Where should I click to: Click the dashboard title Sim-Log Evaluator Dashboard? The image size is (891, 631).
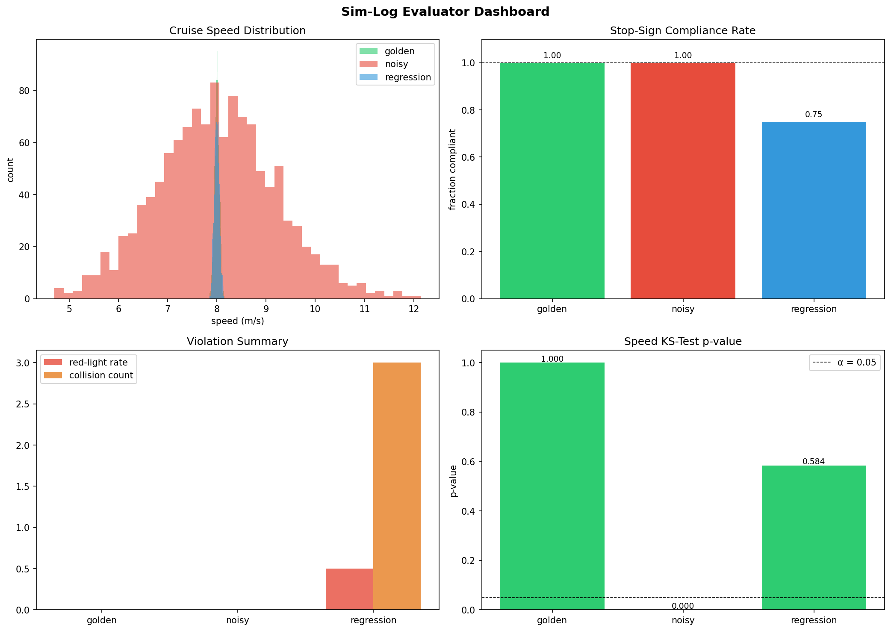tap(445, 12)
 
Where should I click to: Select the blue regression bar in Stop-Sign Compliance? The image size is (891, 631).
tap(813, 209)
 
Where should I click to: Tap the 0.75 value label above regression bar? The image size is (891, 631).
tap(813, 115)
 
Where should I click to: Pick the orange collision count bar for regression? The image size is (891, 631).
tap(396, 486)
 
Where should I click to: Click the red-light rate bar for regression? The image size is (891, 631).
tap(349, 589)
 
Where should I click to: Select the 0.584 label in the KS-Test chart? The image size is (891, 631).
tap(813, 461)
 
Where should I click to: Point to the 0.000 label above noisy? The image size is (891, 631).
tap(682, 606)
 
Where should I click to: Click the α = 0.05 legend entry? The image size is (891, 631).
tap(844, 363)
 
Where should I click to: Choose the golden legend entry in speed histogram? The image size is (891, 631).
tap(399, 51)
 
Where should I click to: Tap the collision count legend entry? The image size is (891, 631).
tap(100, 375)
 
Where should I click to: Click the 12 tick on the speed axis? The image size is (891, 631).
tap(413, 309)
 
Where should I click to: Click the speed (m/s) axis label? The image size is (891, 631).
tap(237, 321)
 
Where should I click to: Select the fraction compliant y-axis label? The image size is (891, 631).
tap(453, 169)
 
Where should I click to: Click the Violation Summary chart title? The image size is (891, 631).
tap(237, 342)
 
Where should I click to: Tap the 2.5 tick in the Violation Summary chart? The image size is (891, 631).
tap(24, 404)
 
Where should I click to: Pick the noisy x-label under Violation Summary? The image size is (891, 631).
tap(237, 620)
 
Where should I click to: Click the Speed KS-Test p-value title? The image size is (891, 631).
tap(682, 342)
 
